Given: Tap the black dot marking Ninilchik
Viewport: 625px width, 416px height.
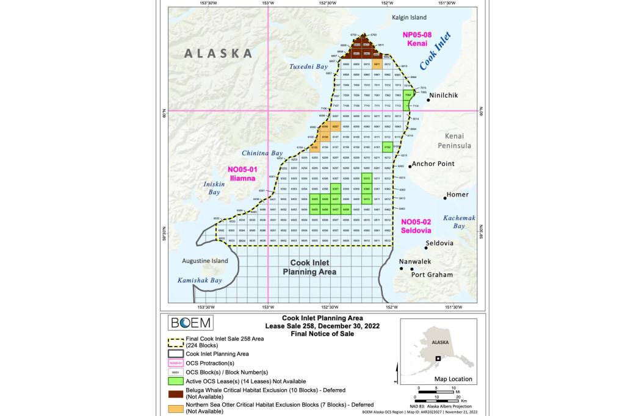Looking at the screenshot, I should click(428, 100).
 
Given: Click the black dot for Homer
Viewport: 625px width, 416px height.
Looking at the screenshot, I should click(445, 198).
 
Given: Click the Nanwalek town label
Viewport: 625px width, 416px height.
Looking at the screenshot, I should click(415, 262).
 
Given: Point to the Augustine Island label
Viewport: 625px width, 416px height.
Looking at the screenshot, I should click(204, 261).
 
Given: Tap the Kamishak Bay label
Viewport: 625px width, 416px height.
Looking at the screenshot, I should click(200, 281).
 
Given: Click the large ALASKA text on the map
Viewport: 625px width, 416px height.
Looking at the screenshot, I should click(219, 53).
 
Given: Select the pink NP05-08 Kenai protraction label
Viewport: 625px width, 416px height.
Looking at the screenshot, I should click(417, 40).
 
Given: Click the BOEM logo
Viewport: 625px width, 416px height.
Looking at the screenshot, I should click(190, 323).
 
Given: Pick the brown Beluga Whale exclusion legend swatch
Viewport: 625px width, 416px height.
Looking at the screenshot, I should click(177, 393).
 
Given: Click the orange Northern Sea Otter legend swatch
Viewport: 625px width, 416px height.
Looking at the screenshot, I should click(177, 407).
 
